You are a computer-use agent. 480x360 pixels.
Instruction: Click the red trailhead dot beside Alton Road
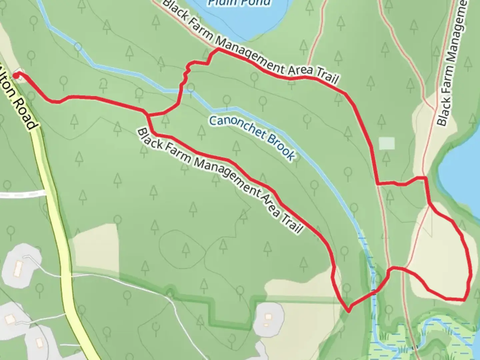pos(15,76)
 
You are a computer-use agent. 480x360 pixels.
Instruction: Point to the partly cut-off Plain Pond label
pos(239,3)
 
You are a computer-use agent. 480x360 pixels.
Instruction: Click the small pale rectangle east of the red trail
pos(387,144)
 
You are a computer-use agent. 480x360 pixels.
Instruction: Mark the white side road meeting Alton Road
pos(23,194)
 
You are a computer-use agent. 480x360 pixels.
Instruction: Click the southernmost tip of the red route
pos(348,312)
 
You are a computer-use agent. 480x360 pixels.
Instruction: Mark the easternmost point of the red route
pos(471,273)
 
